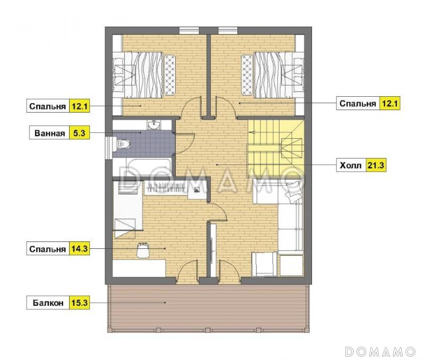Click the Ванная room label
click(x=49, y=133)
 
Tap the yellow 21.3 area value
click(x=376, y=165)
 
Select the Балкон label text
click(x=48, y=303)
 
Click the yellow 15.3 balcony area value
click(x=79, y=302)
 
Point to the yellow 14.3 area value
click(x=79, y=248)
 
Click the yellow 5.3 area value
click(x=79, y=133)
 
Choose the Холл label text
click(x=351, y=165)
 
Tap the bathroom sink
click(x=154, y=124)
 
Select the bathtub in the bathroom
click(x=149, y=167)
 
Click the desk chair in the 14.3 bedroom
click(x=143, y=250)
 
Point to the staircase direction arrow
click(x=252, y=132)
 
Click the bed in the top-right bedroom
click(x=278, y=75)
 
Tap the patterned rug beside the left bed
click(x=170, y=75)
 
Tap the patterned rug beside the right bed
click(x=247, y=75)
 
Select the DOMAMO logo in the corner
click(x=380, y=351)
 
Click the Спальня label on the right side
click(x=358, y=104)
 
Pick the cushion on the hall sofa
click(x=294, y=191)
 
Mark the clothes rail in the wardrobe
click(x=166, y=187)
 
